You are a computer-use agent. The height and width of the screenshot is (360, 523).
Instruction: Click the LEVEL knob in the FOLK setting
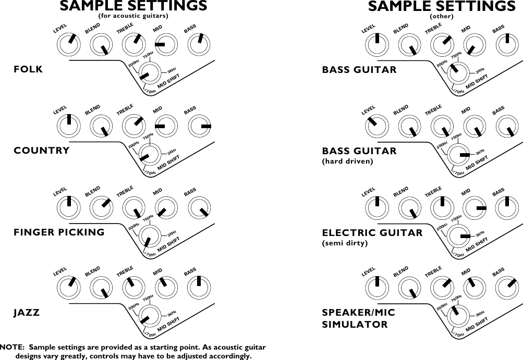click(69, 45)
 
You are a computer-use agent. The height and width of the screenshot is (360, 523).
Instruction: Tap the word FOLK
click(28, 69)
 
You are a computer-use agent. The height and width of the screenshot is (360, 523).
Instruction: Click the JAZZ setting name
click(27, 313)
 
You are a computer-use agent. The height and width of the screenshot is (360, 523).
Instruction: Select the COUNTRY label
click(41, 151)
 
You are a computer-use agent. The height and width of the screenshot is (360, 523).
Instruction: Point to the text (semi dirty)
click(345, 243)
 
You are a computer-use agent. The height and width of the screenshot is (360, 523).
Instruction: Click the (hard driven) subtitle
click(348, 162)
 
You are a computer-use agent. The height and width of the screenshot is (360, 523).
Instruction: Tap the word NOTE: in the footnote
click(13, 347)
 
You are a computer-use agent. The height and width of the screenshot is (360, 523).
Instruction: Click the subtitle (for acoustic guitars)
click(133, 16)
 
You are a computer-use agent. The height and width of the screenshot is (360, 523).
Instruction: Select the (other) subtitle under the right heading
click(442, 16)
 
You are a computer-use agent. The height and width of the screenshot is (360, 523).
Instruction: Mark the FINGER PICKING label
click(59, 232)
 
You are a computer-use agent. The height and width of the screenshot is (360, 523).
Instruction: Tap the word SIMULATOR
click(355, 325)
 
